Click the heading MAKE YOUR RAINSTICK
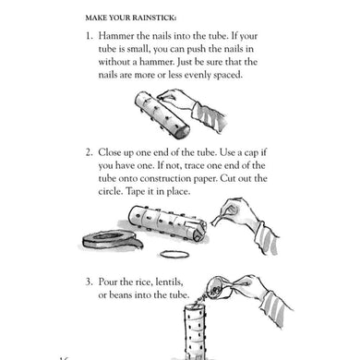click(x=131, y=18)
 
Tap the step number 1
click(x=89, y=36)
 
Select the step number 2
click(x=89, y=152)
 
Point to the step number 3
click(x=89, y=282)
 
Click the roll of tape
click(x=113, y=239)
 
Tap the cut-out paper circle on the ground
click(x=174, y=254)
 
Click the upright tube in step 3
click(x=195, y=331)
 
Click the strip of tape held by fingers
click(x=218, y=221)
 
